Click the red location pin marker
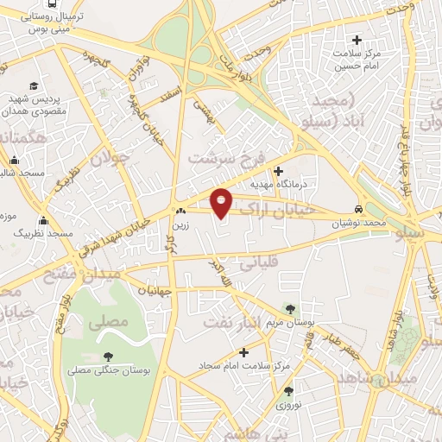tap(221, 202)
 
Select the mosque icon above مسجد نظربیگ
tap(43, 220)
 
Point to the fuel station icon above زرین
tap(180, 212)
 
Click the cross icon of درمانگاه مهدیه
tap(278, 171)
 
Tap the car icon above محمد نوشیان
tap(359, 210)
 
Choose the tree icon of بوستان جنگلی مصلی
tap(108, 356)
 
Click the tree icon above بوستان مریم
tap(289, 308)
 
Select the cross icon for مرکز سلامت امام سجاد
tap(244, 351)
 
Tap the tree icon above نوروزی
tap(284, 390)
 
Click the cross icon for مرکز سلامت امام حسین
tap(357, 39)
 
